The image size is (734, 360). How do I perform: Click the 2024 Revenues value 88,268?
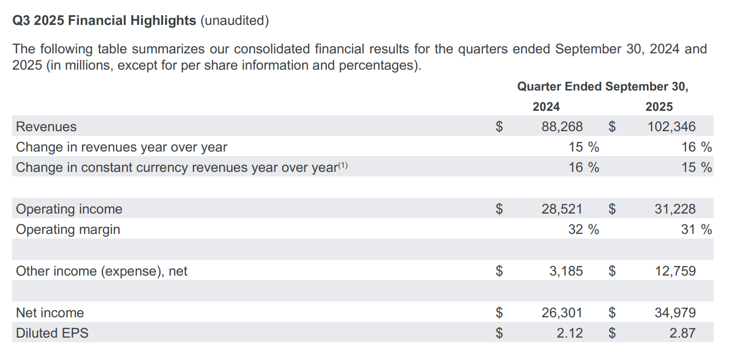[562, 127]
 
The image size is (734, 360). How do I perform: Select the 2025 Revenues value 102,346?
[671, 127]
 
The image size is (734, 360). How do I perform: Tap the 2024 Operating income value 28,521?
[562, 209]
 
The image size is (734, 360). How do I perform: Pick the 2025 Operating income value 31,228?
[675, 209]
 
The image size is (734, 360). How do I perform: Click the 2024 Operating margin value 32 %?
[584, 229]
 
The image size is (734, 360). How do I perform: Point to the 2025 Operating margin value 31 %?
[696, 229]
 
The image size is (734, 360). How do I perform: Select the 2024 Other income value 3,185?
[566, 271]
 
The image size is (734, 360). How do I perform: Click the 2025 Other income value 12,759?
[675, 271]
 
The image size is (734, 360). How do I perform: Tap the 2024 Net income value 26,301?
[562, 313]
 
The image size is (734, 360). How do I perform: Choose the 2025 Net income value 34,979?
[675, 313]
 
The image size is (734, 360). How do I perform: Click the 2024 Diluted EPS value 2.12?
[569, 333]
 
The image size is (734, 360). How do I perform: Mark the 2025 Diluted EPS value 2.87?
[682, 333]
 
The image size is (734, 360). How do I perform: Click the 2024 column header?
[546, 107]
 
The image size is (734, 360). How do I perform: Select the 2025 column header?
[659, 107]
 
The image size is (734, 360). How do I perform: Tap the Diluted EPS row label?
[52, 333]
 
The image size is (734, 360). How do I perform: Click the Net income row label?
[50, 313]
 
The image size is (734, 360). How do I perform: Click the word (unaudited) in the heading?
[234, 21]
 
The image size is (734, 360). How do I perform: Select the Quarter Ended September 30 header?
[602, 86]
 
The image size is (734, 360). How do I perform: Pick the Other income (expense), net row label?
[102, 271]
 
